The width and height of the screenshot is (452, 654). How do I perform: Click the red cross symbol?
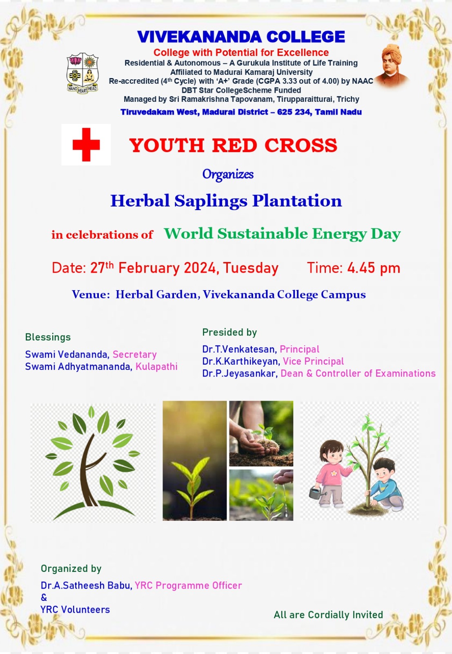click(86, 145)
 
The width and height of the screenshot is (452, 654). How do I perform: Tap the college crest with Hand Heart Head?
click(82, 73)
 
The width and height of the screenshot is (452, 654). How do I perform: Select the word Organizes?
click(228, 174)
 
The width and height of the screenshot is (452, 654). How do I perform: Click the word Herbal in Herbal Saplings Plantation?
click(140, 201)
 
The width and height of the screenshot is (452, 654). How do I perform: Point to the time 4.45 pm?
click(374, 268)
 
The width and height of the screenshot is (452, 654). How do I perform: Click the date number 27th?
click(102, 267)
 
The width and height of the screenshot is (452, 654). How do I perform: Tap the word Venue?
click(91, 294)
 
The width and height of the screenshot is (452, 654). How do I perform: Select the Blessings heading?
click(48, 337)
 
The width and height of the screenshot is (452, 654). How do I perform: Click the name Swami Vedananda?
click(67, 354)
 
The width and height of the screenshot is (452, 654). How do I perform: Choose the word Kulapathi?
click(157, 366)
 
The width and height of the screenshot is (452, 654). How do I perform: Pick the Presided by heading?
click(229, 332)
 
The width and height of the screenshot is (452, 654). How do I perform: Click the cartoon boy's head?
click(384, 469)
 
